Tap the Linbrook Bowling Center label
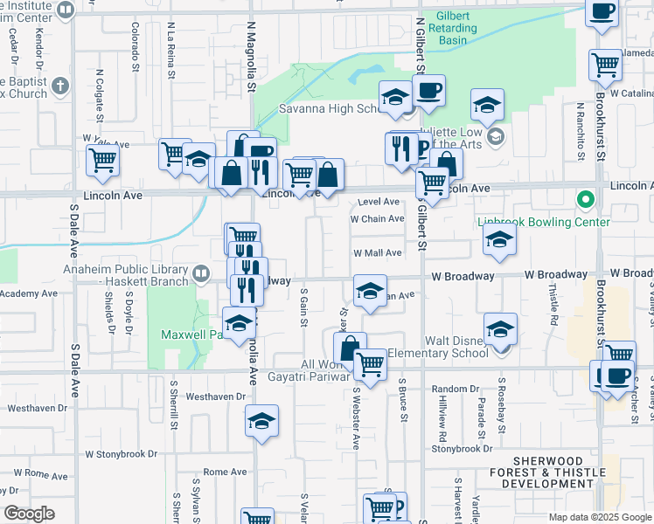coord(544,222)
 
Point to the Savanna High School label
coord(328,109)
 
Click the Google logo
coord(30,514)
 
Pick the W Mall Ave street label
coord(377,253)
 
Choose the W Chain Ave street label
coord(377,219)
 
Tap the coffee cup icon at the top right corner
coord(602,12)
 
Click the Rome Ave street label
coord(225,472)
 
